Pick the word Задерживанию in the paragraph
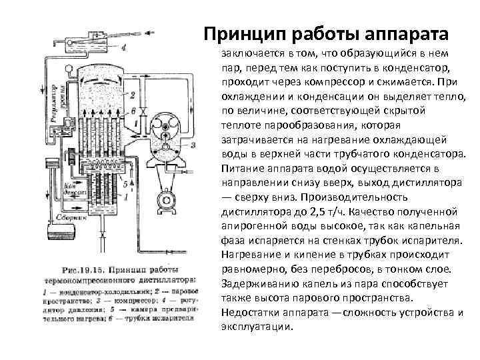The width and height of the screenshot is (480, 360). (x=252, y=283)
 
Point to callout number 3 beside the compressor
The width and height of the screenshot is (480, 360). (x=192, y=144)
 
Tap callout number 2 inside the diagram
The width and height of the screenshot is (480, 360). (x=133, y=94)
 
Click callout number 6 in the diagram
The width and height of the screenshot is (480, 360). (x=133, y=109)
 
